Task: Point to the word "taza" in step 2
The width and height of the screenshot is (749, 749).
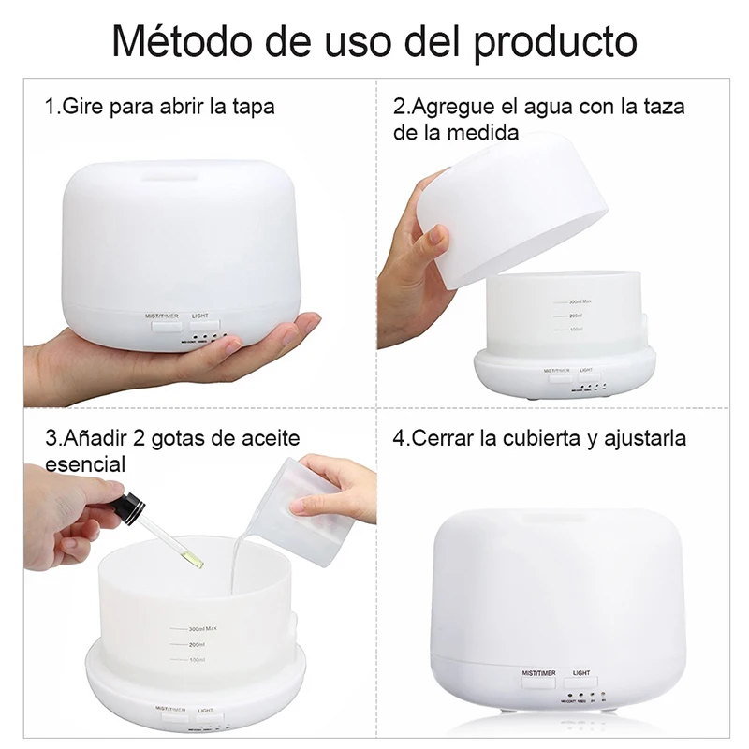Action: pos(664,106)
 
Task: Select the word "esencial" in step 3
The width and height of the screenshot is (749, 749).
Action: pos(85,464)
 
